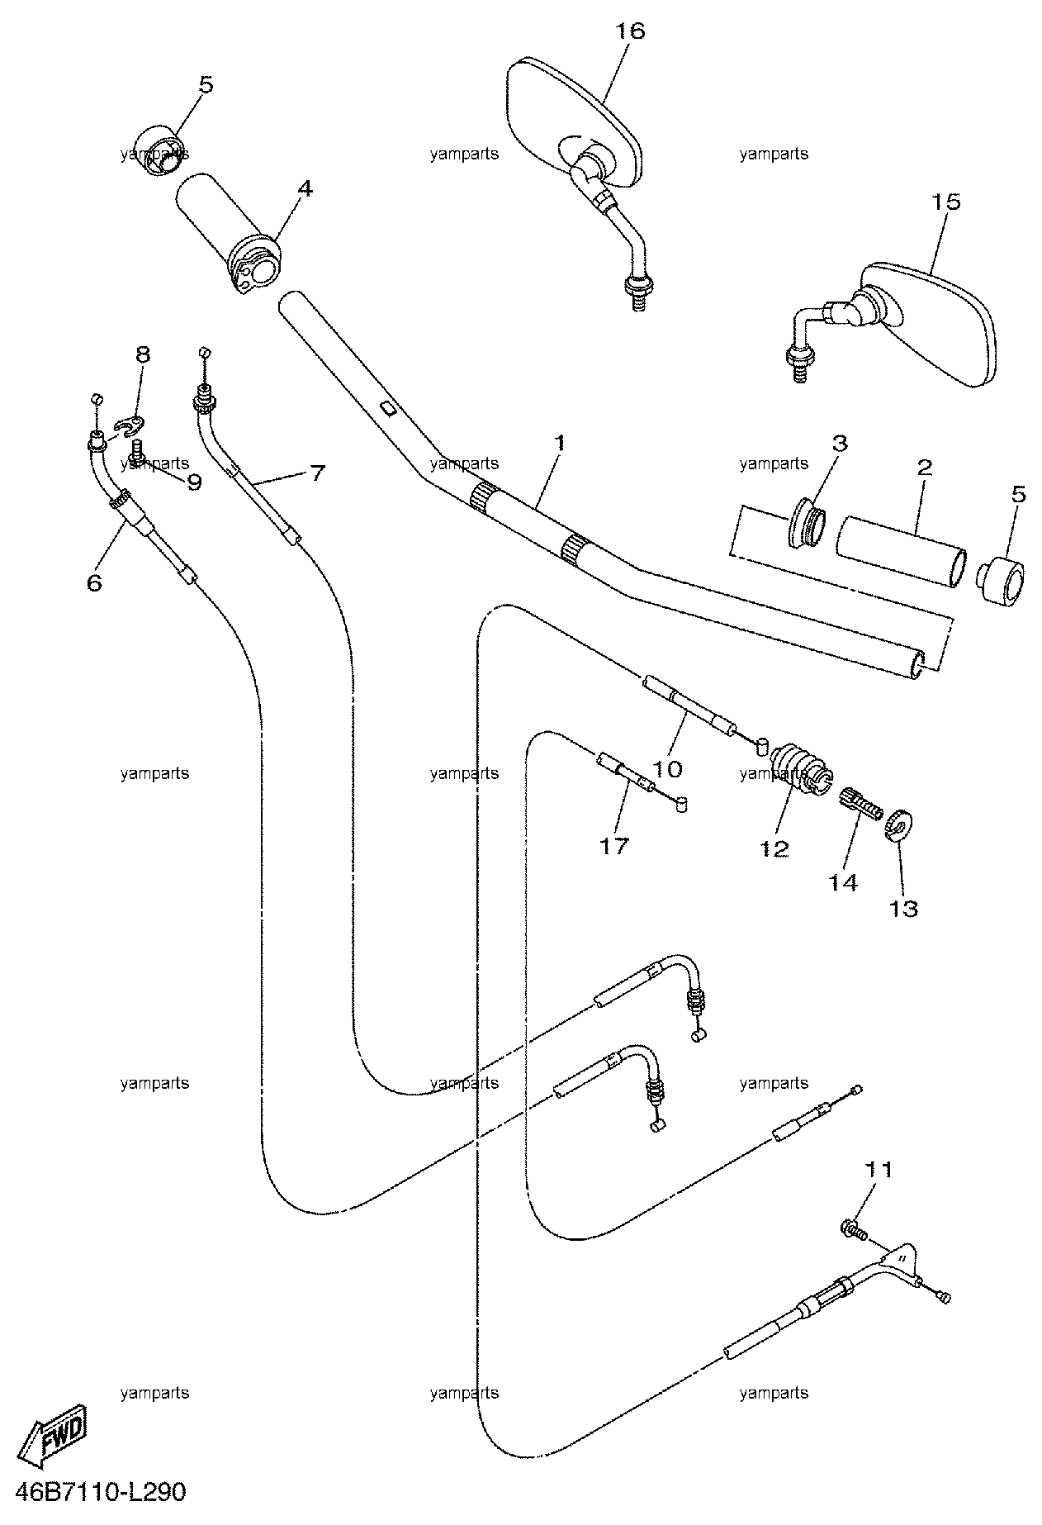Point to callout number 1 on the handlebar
coord(561,444)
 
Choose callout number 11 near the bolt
coord(879,1170)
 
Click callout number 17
coord(614,846)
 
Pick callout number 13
coord(903,910)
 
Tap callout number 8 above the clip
coord(143,356)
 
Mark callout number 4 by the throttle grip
coord(305,189)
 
